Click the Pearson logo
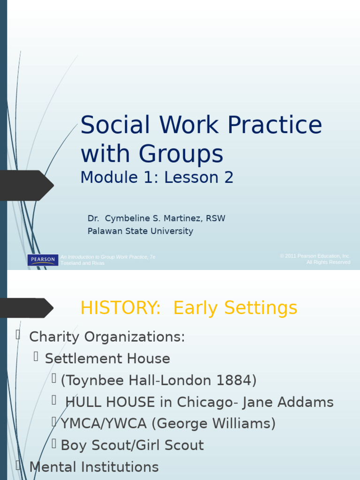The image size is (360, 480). (x=43, y=260)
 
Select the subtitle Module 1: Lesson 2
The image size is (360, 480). (x=157, y=178)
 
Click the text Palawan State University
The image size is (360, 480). (x=140, y=231)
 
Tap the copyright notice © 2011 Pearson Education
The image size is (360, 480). (x=315, y=256)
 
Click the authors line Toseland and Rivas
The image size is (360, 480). (x=82, y=263)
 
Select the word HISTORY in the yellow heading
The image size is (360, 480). (x=120, y=308)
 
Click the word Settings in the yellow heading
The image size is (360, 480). (x=261, y=308)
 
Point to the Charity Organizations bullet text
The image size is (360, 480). (x=107, y=337)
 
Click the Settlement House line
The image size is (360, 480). (x=107, y=359)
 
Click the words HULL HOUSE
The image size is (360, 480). (x=110, y=402)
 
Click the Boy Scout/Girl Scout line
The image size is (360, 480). (x=132, y=445)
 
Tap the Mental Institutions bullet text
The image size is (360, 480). (x=94, y=467)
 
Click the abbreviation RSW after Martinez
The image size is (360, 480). (x=215, y=218)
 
